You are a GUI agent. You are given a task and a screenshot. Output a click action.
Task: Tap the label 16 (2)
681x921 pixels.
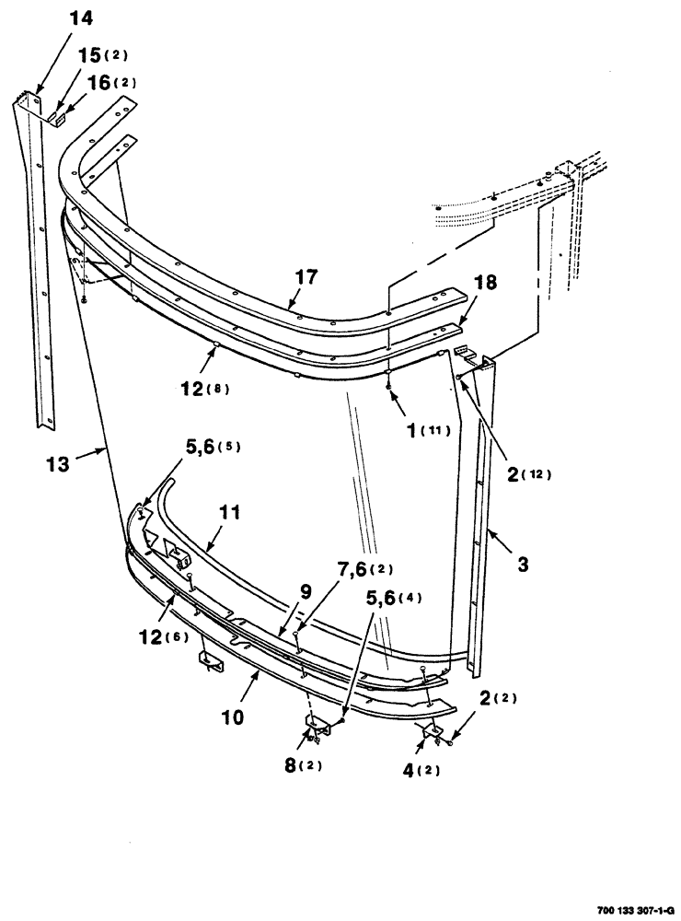pos(112,81)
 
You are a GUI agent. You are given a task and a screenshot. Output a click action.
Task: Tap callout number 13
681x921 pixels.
pos(57,464)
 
